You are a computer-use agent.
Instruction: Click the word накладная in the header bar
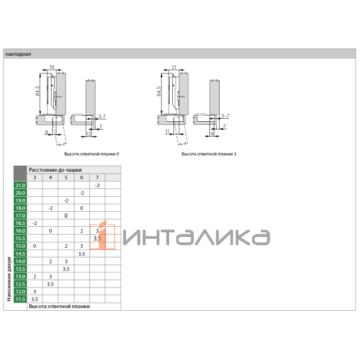(18, 54)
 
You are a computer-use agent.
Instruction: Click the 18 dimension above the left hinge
(52, 67)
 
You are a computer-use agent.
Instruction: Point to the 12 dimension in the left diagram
(97, 133)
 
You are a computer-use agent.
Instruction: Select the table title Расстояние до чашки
(55, 170)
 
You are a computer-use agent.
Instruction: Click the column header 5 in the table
(66, 178)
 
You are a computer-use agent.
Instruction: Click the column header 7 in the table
(97, 178)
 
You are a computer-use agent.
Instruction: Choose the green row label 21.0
(20, 185)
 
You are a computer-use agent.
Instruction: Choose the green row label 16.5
(20, 223)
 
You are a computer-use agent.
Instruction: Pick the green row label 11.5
(20, 298)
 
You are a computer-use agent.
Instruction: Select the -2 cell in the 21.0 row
(97, 185)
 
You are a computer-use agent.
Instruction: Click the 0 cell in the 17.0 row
(66, 215)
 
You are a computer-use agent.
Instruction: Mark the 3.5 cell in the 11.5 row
(35, 298)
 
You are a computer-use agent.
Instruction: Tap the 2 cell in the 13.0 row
(35, 276)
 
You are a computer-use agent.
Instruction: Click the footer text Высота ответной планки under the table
(59, 306)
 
